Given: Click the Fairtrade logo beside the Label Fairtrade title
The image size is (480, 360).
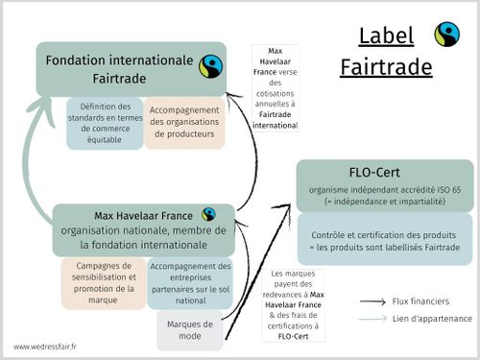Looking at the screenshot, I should (x=446, y=35).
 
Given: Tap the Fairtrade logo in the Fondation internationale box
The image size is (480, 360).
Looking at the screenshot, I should (x=210, y=67).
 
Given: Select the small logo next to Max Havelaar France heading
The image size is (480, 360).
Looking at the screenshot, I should (x=208, y=214).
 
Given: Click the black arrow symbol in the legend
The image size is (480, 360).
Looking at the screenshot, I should (x=372, y=301).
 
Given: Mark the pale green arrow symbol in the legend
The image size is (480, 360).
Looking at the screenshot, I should (x=372, y=318).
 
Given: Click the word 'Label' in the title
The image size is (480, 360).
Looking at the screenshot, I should (x=385, y=36).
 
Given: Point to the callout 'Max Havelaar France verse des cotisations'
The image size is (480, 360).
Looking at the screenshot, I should (x=275, y=87).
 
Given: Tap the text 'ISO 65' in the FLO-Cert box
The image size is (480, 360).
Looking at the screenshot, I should (x=447, y=191).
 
